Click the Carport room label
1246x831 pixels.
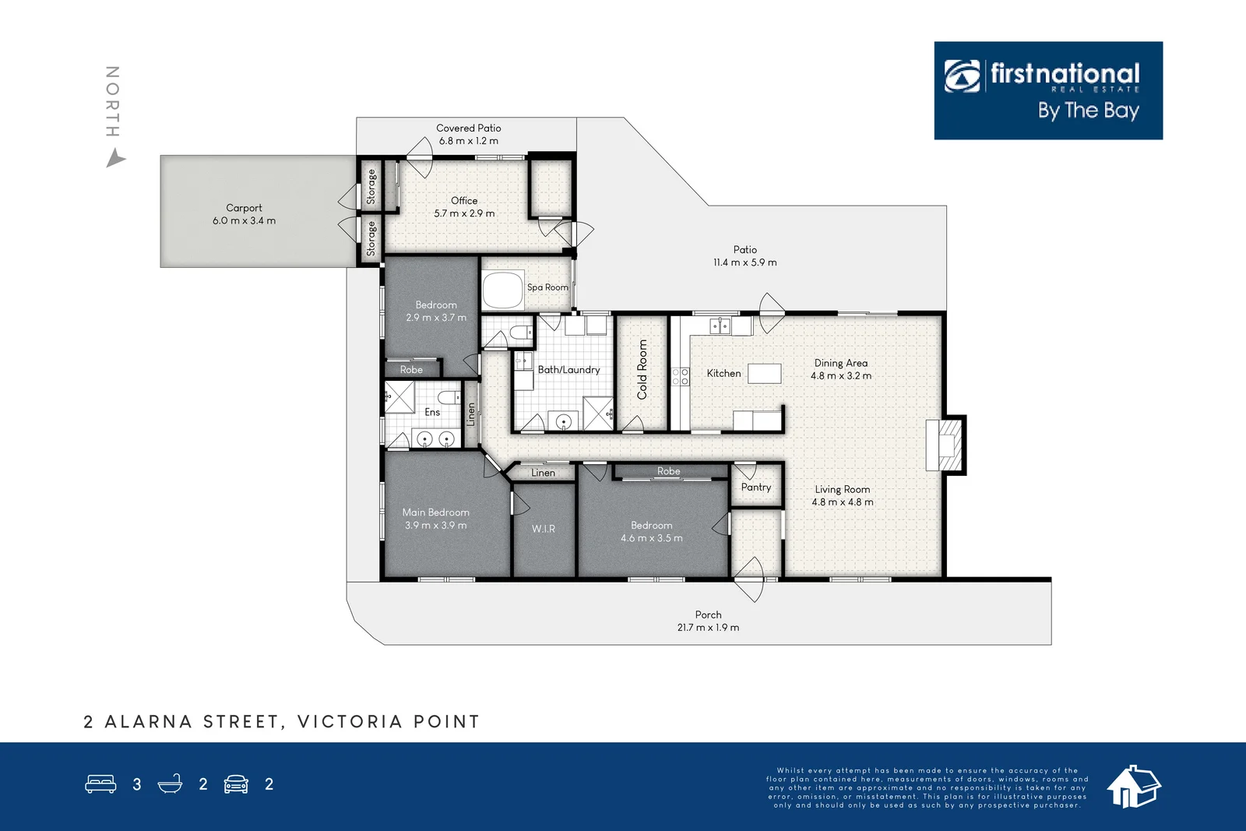(244, 208)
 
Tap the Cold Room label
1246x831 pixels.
(642, 369)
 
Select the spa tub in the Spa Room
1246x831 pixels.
(502, 290)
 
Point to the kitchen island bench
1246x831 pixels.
(765, 373)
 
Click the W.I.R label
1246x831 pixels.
(544, 529)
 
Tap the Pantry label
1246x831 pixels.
(756, 487)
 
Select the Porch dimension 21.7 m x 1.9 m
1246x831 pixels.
(708, 628)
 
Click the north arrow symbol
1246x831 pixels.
(115, 160)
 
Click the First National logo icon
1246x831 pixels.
(963, 76)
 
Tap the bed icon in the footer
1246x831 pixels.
(100, 783)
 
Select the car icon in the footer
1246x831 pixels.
(236, 784)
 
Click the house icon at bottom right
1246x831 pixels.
(1133, 786)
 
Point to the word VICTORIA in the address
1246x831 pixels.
(350, 722)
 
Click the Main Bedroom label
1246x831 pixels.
(436, 512)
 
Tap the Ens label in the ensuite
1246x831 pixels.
(432, 412)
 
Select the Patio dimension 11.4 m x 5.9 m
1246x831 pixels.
(745, 262)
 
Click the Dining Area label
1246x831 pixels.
(841, 363)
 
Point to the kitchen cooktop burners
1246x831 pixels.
(681, 377)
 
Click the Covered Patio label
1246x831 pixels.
(469, 128)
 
